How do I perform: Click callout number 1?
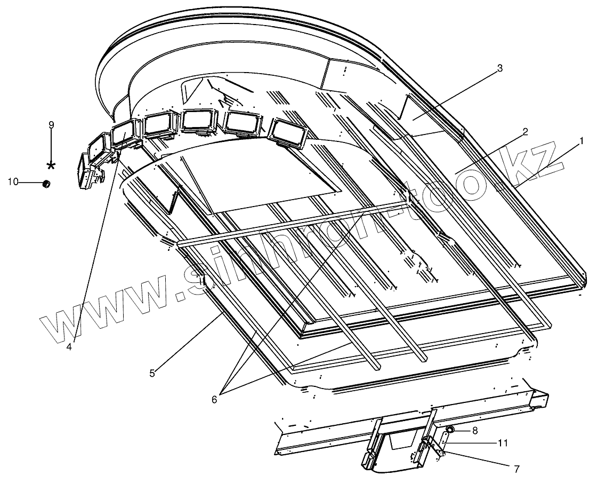click(582, 141)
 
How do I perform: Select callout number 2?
click(525, 132)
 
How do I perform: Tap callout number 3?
click(499, 68)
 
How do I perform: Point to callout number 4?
click(69, 346)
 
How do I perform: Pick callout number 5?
click(152, 373)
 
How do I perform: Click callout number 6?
click(214, 399)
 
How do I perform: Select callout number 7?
click(516, 470)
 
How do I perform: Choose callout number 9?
click(51, 125)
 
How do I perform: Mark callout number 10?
click(13, 183)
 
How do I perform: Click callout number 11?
click(502, 442)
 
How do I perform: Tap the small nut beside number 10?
click(46, 184)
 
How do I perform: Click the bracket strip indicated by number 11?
click(440, 443)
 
